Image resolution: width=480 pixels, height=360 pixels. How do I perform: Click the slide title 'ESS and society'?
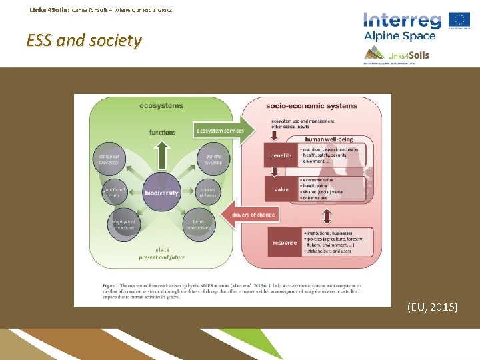(84, 41)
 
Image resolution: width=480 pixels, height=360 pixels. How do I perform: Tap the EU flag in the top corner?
(459, 20)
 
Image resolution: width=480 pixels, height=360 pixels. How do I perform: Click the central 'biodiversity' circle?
(161, 193)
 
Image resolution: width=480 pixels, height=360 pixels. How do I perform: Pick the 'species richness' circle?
(207, 193)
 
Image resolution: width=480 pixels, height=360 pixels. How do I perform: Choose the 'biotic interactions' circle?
(199, 225)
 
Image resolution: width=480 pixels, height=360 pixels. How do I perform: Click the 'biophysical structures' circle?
(124, 225)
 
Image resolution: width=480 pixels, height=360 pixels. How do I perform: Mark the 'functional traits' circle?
(115, 193)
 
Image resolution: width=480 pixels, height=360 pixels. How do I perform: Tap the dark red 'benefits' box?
(281, 155)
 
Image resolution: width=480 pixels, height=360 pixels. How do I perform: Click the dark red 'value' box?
(281, 189)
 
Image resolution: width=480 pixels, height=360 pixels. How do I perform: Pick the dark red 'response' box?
(285, 243)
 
